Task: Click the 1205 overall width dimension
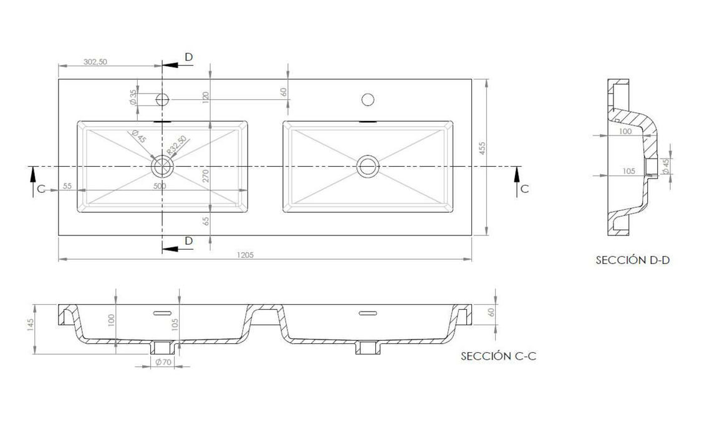(245, 255)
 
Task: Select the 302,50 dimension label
(95, 62)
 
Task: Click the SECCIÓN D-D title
(633, 260)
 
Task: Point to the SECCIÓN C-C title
(498, 356)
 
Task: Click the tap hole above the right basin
(368, 99)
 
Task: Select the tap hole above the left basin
(162, 99)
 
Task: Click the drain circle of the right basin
(368, 167)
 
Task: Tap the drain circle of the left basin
(162, 167)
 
